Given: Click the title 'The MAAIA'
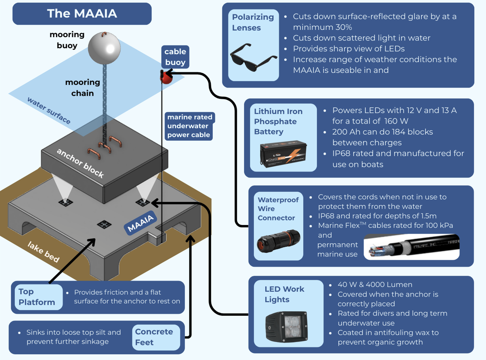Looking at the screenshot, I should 82,13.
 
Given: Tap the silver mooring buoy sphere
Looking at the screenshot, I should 104,48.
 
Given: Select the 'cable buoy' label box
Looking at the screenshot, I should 175,57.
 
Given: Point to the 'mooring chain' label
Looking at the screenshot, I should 82,88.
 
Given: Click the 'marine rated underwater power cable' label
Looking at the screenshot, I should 188,126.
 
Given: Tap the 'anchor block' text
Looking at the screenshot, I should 80,163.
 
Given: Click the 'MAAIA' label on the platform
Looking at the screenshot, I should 140,223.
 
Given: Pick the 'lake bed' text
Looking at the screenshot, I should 43,252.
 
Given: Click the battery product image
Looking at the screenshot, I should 284,154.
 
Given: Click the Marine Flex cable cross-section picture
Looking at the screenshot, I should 411,247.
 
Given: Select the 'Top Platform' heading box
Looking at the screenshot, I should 37,297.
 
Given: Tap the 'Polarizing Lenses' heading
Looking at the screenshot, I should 253,22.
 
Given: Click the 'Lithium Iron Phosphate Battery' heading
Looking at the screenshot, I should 278,122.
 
